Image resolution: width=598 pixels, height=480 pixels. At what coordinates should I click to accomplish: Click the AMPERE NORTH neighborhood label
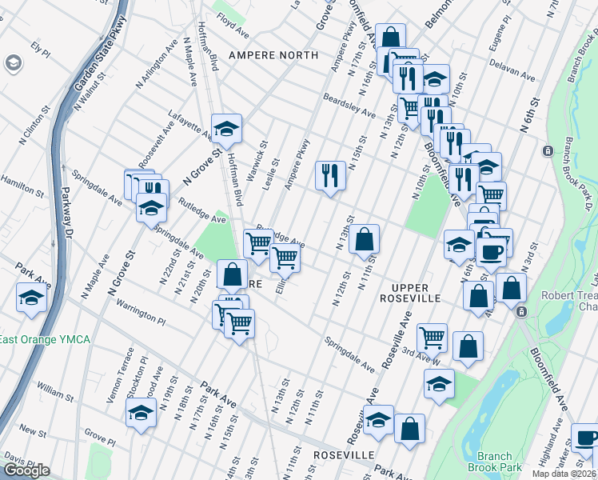[273, 55]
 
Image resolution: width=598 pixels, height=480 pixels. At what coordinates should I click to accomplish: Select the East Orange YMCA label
[45, 340]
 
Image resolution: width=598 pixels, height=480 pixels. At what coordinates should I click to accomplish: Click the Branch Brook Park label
[494, 462]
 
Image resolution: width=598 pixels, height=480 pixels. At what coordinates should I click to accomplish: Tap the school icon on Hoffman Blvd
[226, 128]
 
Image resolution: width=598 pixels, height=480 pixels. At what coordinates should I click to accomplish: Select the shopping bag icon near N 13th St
[364, 238]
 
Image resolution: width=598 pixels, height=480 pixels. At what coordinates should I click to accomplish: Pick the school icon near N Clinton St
[31, 298]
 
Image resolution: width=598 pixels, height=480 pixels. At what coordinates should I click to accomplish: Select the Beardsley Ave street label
[349, 106]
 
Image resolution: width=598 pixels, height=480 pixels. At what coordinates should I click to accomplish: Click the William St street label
[55, 392]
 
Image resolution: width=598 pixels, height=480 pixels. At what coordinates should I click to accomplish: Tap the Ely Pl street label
[40, 50]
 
